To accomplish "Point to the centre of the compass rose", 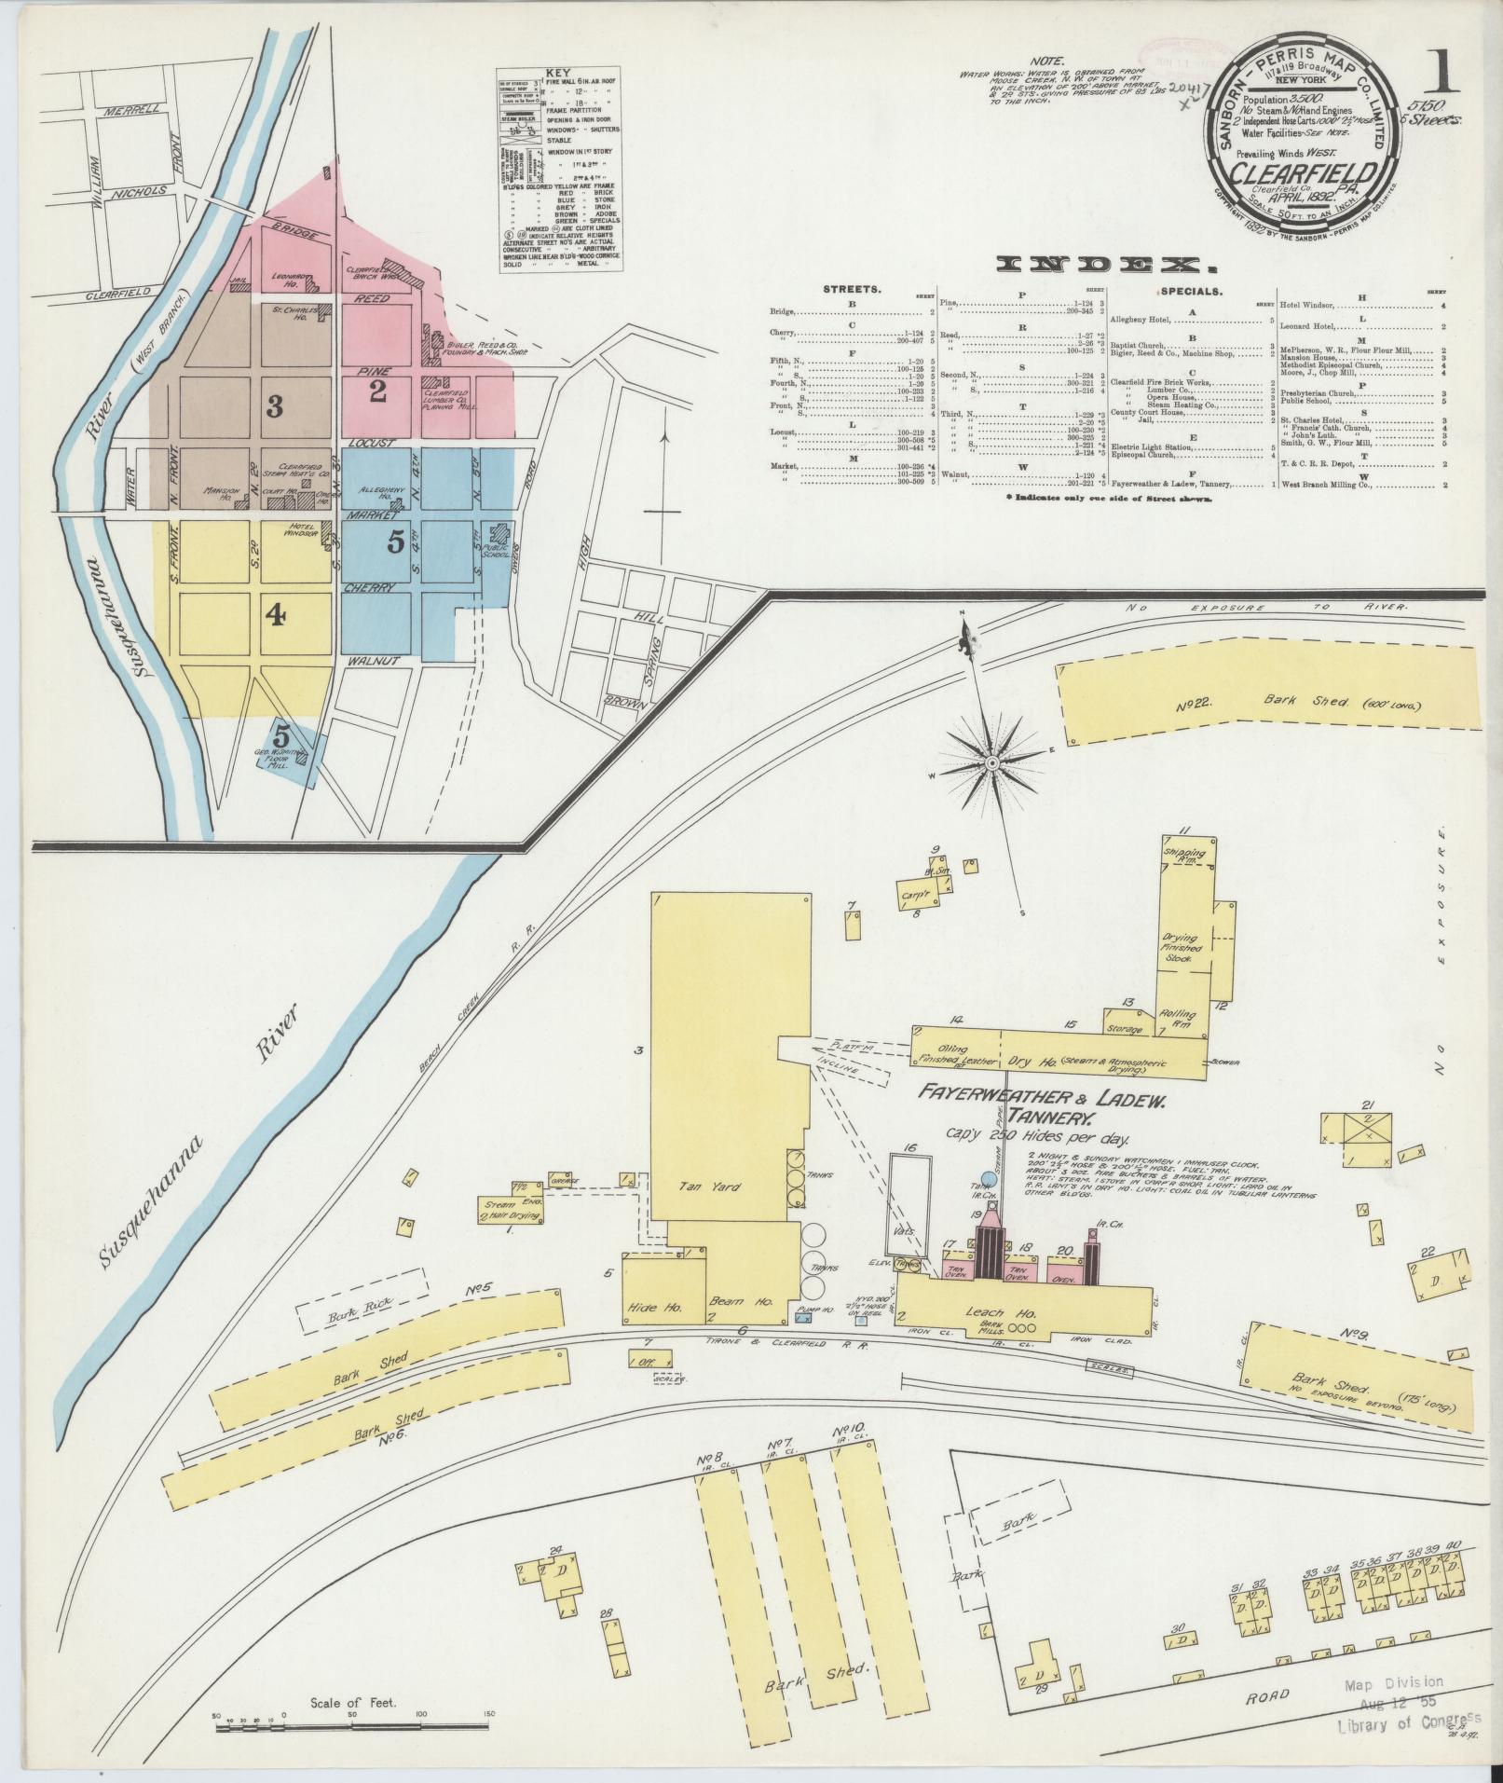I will coord(991,764).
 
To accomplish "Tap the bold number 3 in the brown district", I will coord(274,405).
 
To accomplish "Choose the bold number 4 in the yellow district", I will coord(276,614).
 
